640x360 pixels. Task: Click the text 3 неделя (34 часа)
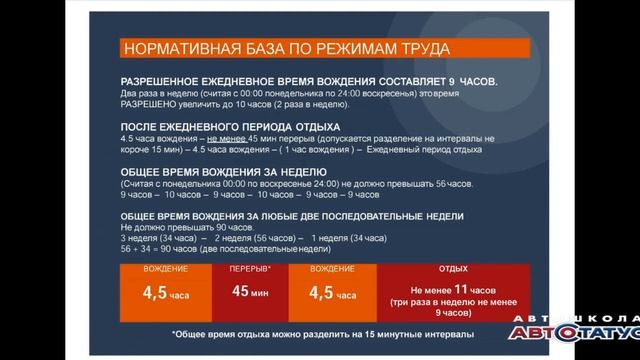point(156,239)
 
